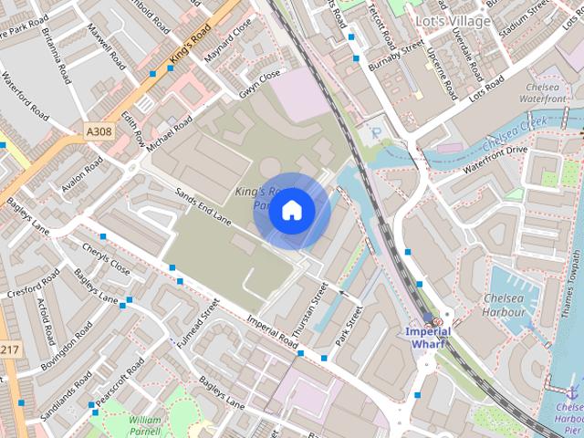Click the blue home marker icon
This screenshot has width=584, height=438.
(291, 211)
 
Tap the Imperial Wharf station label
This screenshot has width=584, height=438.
(428, 337)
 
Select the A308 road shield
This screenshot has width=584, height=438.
(99, 132)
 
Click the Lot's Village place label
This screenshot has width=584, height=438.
(453, 20)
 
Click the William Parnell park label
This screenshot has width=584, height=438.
(145, 425)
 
